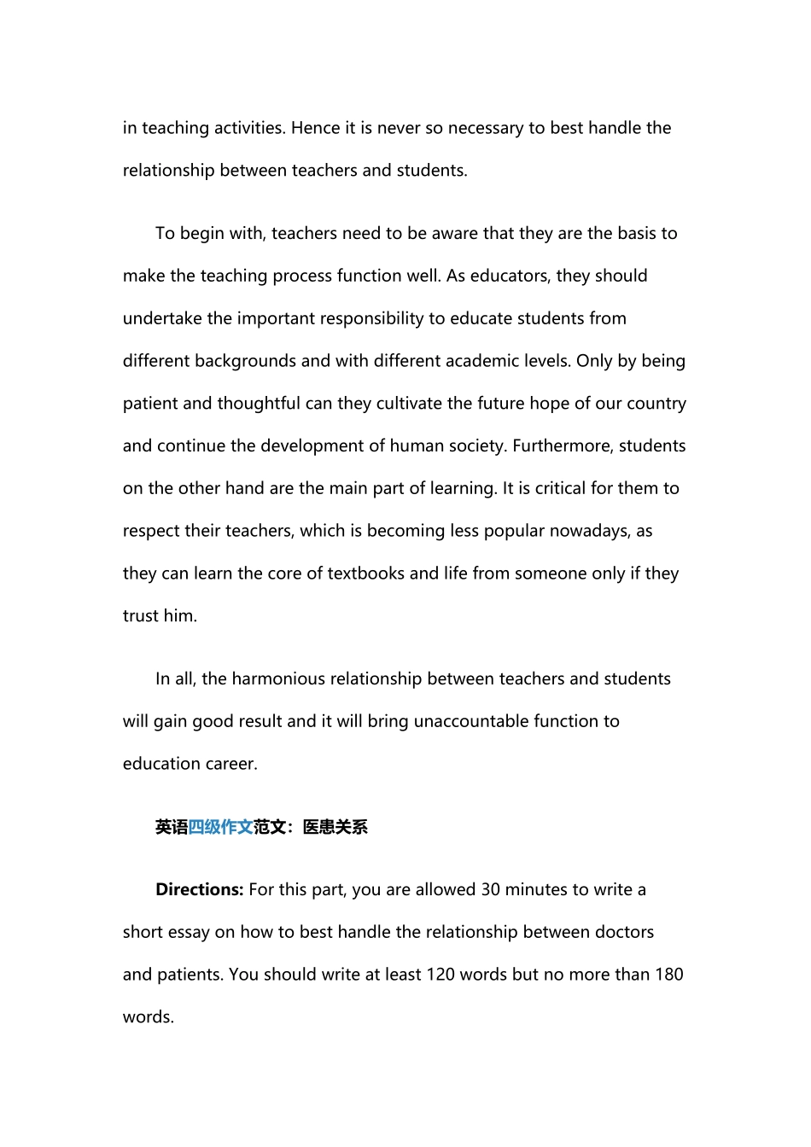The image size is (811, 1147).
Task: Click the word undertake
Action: pos(162,318)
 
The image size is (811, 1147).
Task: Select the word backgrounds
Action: pos(245,361)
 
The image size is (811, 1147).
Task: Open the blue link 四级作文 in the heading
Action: pos(220,827)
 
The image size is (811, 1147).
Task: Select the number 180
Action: pos(668,975)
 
